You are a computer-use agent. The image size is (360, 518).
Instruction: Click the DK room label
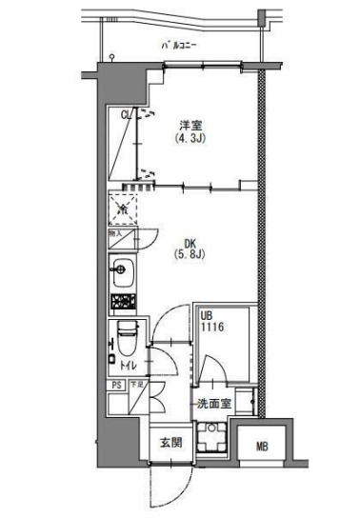tap(184, 242)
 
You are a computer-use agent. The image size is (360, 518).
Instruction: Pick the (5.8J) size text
tap(185, 254)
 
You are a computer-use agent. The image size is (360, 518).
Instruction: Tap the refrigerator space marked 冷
tap(121, 202)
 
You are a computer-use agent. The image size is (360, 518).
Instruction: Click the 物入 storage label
tap(115, 231)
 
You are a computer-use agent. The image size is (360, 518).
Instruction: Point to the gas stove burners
tap(122, 303)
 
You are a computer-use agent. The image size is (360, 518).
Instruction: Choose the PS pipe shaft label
tap(116, 386)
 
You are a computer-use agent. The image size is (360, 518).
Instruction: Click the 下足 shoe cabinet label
tap(136, 385)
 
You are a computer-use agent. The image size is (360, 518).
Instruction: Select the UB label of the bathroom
tap(207, 315)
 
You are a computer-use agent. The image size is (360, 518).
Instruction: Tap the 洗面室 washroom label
tap(214, 404)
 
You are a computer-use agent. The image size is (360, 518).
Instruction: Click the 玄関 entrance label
tap(170, 442)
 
